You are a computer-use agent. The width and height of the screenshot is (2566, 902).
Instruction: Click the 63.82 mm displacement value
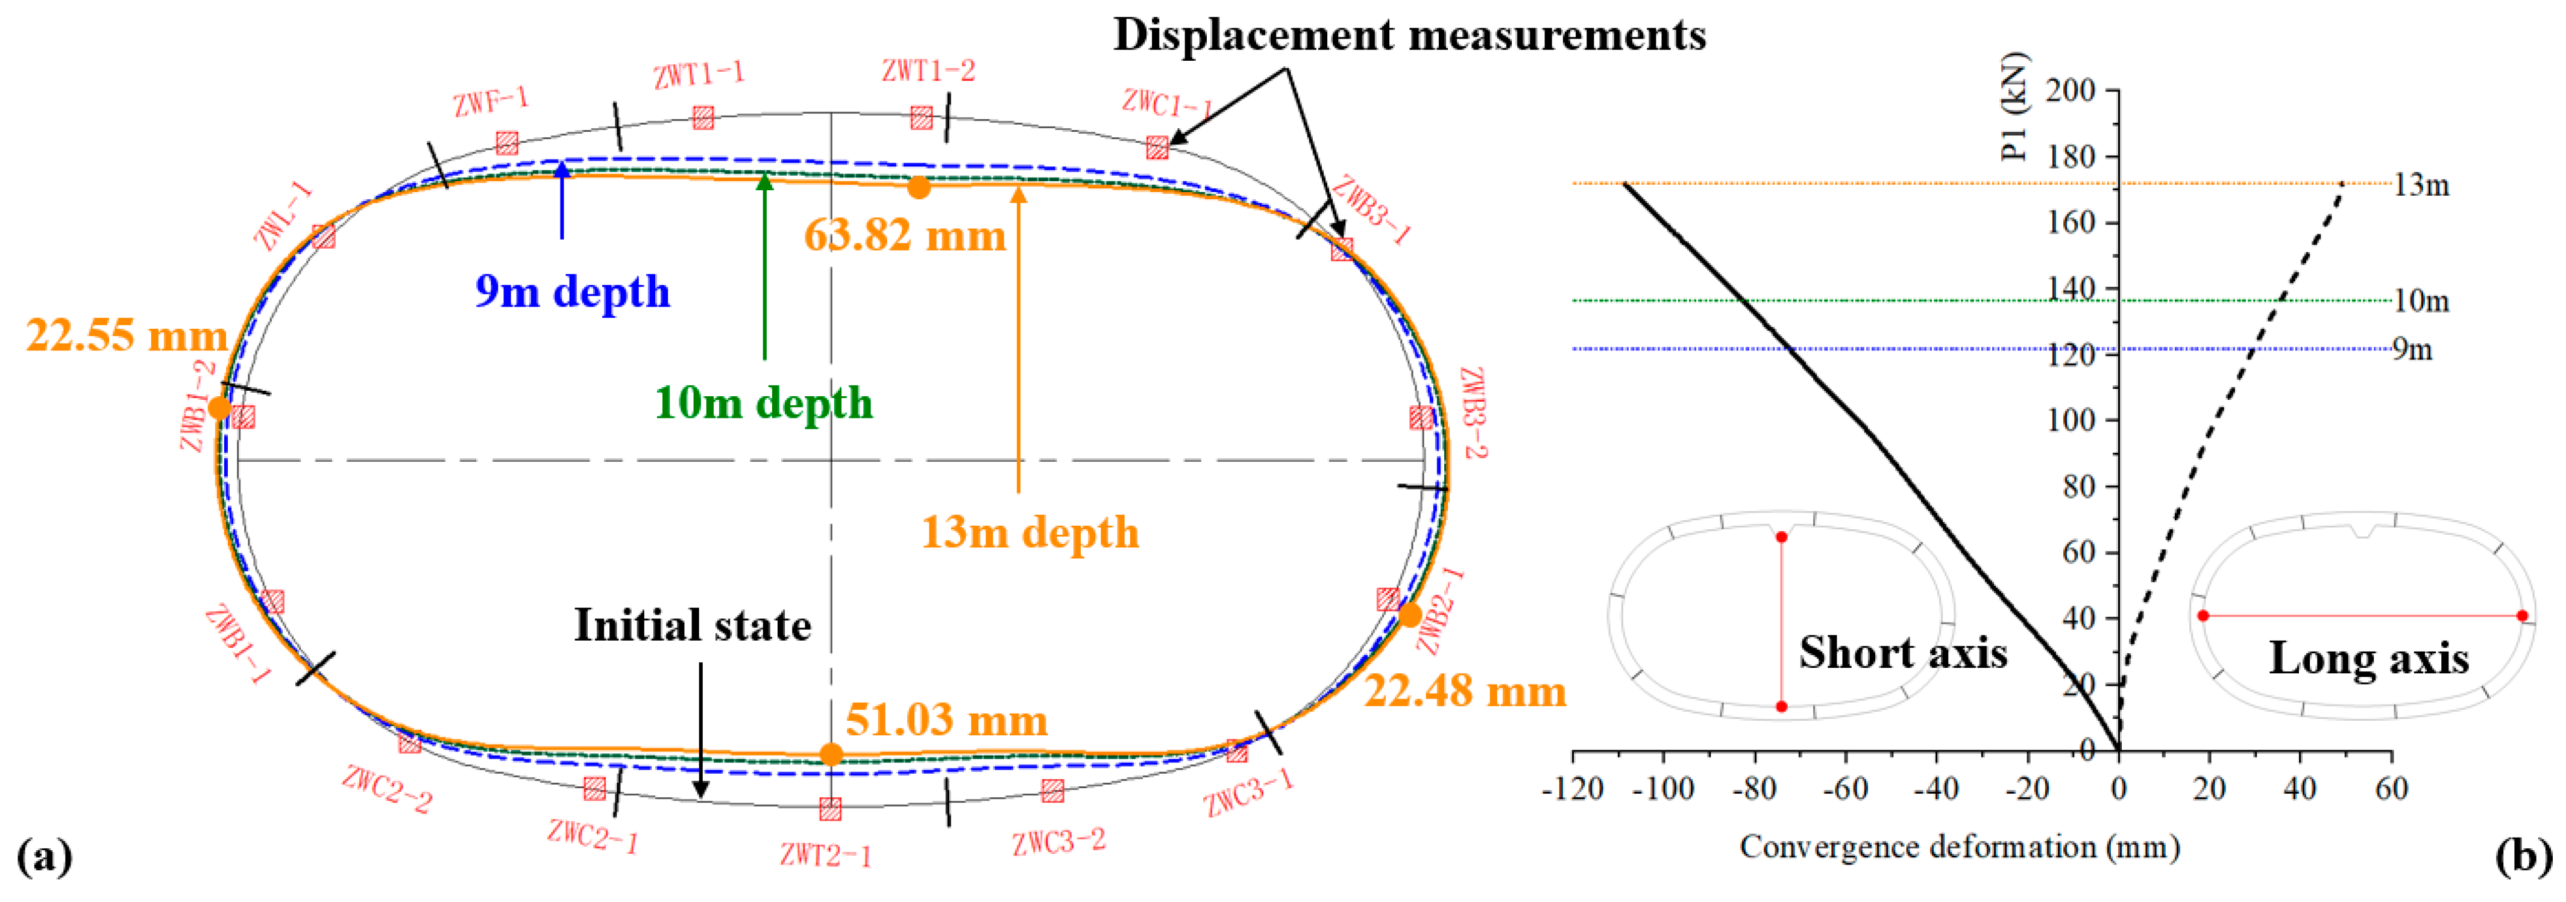905,236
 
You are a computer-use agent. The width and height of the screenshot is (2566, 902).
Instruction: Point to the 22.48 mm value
1464,691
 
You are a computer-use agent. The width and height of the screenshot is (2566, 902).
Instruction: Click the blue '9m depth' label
573,291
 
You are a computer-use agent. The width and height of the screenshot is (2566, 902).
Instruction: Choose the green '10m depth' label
763,403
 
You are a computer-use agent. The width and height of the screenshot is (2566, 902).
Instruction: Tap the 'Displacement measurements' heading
1409,36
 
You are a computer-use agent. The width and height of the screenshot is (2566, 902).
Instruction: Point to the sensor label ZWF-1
490,101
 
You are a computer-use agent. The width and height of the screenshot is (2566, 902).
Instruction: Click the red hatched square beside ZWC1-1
1157,148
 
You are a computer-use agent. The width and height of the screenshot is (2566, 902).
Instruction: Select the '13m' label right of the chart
2421,185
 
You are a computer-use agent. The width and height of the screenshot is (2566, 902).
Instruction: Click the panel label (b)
2524,856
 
